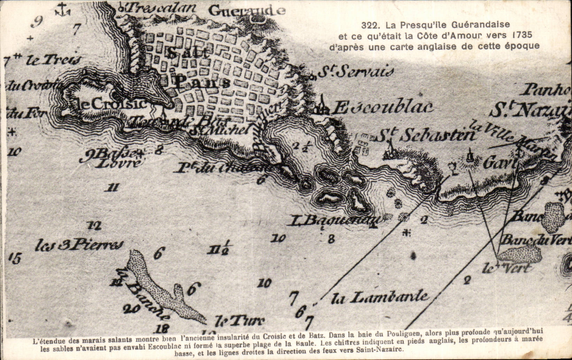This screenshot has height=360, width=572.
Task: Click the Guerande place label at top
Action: point(247,11)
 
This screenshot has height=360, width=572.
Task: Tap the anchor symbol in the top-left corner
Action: point(62,9)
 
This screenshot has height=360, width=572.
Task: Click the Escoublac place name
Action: point(381,108)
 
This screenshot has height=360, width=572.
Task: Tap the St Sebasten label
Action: point(426,135)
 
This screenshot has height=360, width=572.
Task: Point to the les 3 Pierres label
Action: point(79,245)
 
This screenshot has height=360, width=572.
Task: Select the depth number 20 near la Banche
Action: point(131,308)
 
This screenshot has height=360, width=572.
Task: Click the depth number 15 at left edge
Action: point(15,258)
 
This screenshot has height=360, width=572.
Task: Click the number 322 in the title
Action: point(370,25)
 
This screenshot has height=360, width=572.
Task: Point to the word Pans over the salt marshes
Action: point(202,83)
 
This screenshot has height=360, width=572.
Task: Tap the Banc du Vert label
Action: point(536,240)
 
